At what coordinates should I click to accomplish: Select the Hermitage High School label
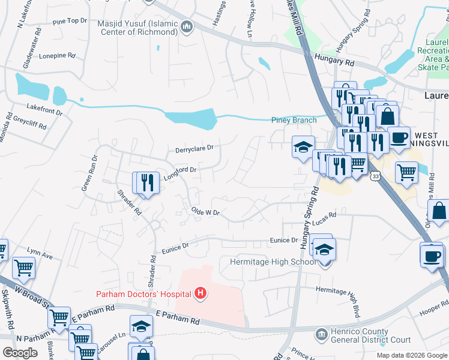pos(273,262)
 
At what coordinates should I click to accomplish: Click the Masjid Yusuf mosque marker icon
pos(187,27)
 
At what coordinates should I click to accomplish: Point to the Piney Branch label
pos(294,120)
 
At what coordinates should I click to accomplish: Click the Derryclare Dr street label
pos(194,148)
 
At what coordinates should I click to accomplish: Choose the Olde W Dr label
pos(206,212)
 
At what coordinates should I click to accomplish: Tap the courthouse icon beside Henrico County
pos(321,333)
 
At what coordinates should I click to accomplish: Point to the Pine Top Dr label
pos(70,21)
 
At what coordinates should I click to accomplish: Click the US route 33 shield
pos(375,176)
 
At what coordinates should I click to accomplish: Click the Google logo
pos(20,353)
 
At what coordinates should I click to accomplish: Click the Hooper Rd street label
pos(430,311)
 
